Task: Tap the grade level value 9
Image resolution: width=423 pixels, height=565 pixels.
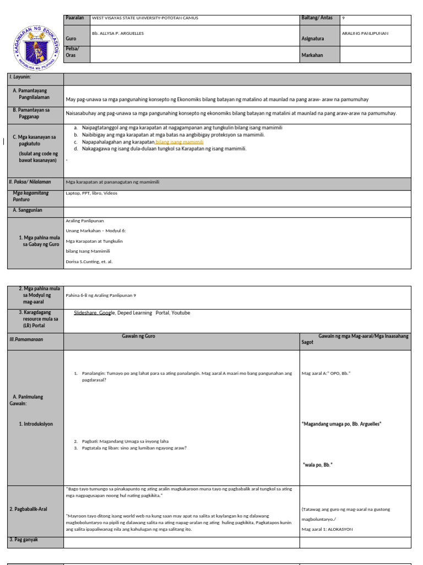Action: click(344, 18)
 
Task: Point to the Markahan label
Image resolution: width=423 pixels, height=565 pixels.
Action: click(312, 55)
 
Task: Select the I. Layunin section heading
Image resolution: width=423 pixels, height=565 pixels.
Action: click(20, 77)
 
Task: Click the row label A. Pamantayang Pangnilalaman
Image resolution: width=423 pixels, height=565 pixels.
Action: click(34, 94)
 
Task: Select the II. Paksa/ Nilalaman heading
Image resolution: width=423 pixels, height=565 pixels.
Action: click(30, 182)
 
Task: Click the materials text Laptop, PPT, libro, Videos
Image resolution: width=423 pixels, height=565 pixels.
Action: click(91, 193)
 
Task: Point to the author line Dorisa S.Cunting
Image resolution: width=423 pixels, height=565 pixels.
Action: click(89, 262)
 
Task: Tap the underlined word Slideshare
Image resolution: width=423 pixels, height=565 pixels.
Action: click(86, 313)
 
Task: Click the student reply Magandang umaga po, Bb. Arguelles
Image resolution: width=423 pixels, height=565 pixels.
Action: click(341, 424)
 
